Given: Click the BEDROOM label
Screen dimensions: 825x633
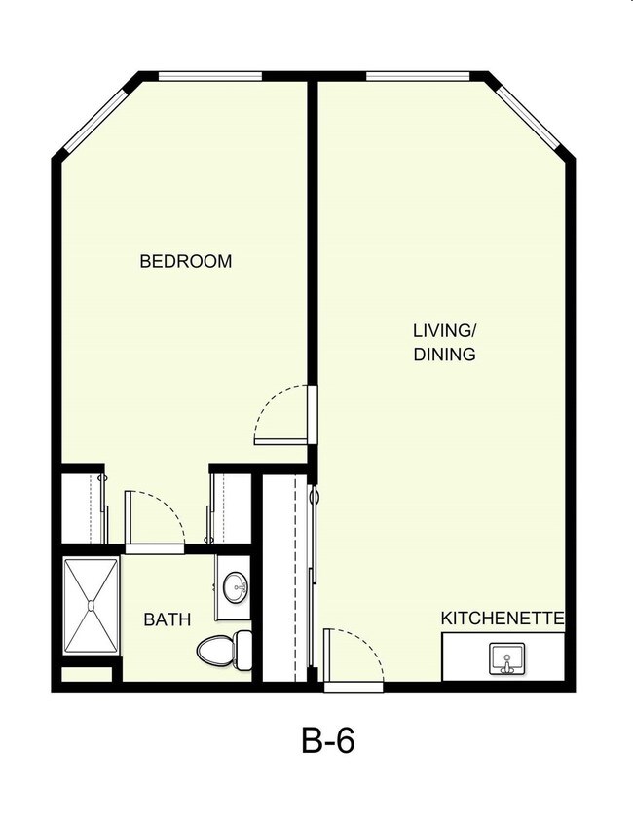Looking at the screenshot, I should tap(186, 261).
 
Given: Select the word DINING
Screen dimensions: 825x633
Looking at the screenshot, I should tap(444, 355).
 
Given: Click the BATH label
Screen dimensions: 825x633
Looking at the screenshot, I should tap(167, 619).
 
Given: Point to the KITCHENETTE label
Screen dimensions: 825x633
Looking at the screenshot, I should tap(503, 619).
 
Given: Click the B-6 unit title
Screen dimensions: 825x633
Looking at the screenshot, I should tap(327, 741).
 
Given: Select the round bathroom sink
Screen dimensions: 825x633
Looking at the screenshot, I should tap(235, 587).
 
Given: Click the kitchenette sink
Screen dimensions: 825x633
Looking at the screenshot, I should tap(506, 658).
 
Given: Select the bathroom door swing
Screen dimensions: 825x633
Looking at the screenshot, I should tap(154, 521).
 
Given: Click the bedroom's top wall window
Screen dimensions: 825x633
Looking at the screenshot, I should tap(209, 76).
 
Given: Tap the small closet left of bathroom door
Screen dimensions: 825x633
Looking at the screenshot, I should tap(83, 507).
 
